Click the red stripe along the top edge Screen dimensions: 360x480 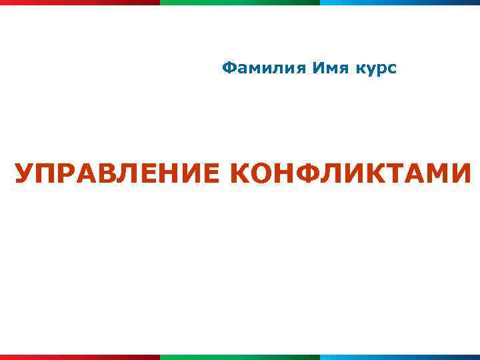pos(80,2)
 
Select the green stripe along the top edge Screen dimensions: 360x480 pos(240,2)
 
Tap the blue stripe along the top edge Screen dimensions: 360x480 pos(400,2)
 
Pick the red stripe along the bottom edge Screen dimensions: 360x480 pos(80,357)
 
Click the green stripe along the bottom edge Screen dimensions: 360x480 pos(240,357)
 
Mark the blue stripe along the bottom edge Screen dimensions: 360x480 pos(400,357)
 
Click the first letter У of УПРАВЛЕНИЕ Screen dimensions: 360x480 pos(24,174)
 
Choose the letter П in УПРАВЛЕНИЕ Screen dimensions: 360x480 pos(45,174)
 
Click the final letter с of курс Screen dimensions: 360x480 pos(392,69)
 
